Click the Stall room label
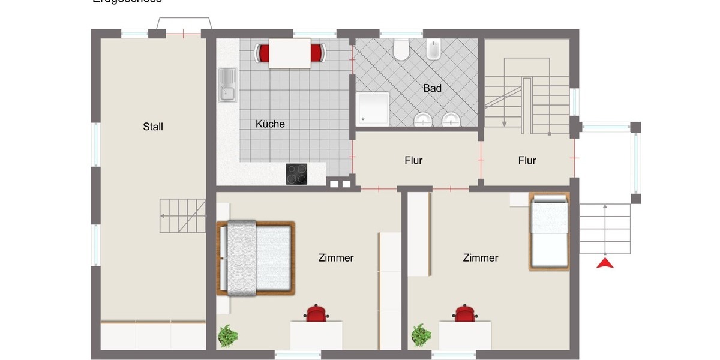(x=153, y=127)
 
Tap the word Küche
(x=270, y=124)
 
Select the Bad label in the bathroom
(x=432, y=88)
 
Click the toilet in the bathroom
(x=401, y=50)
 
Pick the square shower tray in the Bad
(x=373, y=109)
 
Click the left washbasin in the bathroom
(x=424, y=120)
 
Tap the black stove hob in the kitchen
(x=297, y=173)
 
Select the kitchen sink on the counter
(x=227, y=85)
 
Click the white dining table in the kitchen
(x=290, y=53)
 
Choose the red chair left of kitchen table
(x=262, y=53)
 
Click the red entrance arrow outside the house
(x=605, y=263)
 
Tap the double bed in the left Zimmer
(x=257, y=258)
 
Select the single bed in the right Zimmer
(x=548, y=232)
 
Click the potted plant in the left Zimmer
(x=227, y=336)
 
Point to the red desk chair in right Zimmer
(x=464, y=314)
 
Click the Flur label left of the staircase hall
(x=413, y=160)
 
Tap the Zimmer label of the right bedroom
(x=480, y=257)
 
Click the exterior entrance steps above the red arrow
(x=605, y=229)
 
